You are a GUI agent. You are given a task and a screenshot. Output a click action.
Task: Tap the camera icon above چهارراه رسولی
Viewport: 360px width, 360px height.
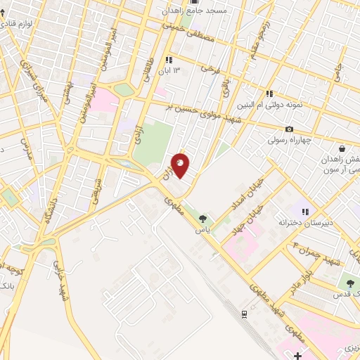click(289, 129)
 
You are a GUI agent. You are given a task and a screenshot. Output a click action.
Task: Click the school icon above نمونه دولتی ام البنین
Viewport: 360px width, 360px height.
click(269, 94)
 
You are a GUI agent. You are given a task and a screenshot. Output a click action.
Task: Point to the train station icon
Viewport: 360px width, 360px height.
click(243, 314)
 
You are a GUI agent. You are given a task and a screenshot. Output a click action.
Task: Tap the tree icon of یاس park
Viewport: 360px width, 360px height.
click(203, 219)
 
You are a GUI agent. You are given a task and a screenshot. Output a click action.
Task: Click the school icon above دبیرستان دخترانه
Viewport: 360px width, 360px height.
click(305, 211)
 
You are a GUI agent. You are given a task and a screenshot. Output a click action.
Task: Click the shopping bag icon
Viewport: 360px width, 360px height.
click(342, 149)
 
